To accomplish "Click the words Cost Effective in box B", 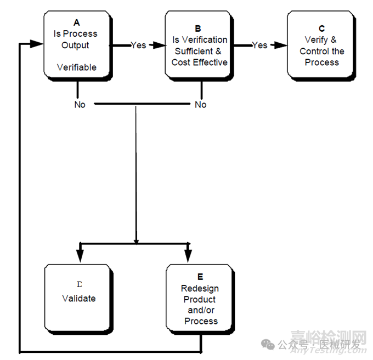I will point(199,62).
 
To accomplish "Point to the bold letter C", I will point(321,28).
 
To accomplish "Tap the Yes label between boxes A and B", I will point(138,45).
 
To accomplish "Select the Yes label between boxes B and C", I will point(259,45).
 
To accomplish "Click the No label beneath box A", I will point(80,104).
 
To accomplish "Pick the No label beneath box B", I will point(201,104).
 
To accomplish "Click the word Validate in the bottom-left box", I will point(78,299).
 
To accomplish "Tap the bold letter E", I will point(200,277).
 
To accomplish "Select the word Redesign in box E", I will point(200,288).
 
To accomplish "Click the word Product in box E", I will point(200,299).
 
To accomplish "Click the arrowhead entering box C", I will point(281,45).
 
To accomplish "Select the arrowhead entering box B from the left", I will point(159,45).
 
